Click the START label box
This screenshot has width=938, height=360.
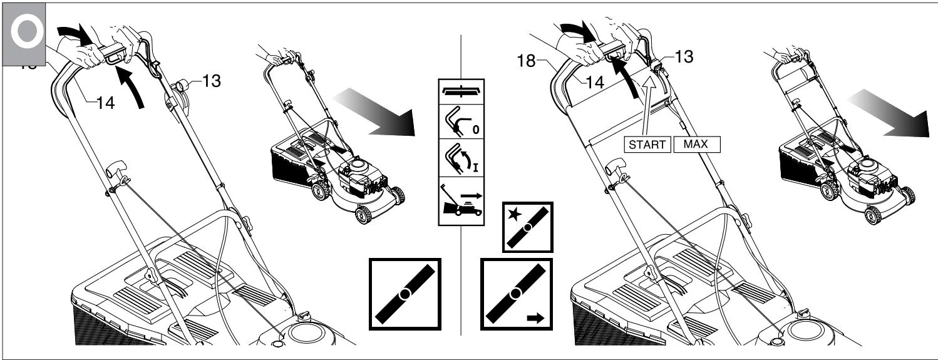click(x=647, y=144)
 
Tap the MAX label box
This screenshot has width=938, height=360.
click(x=696, y=144)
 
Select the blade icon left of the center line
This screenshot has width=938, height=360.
click(x=405, y=294)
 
